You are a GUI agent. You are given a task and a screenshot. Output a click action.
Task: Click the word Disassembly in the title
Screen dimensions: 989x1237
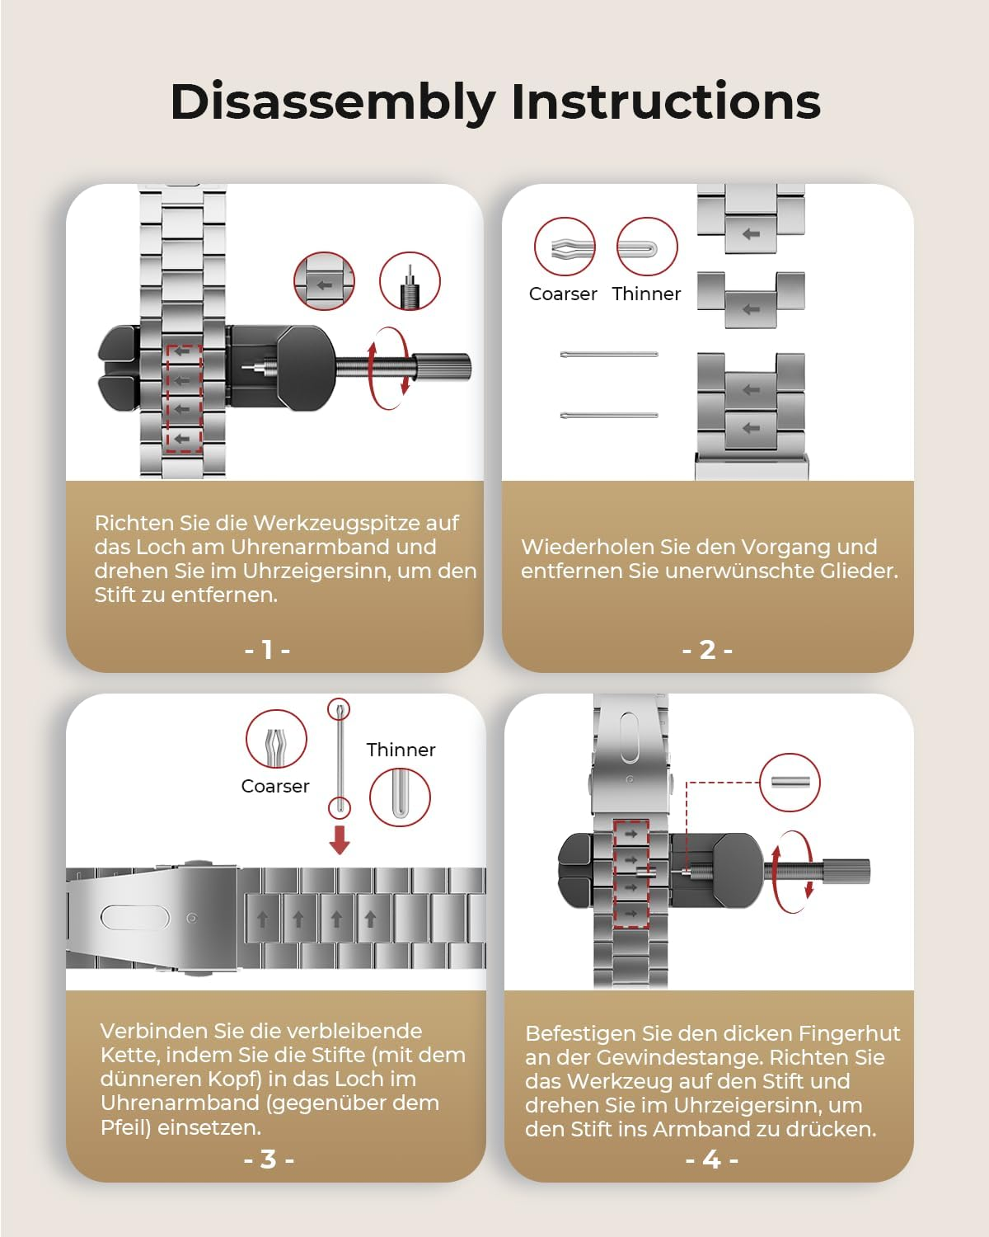pos(333,103)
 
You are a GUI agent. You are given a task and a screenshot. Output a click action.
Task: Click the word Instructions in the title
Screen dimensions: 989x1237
pos(666,101)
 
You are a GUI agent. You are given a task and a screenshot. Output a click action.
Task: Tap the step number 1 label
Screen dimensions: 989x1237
pos(267,650)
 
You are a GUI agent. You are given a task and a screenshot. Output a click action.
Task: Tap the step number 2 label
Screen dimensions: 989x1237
pos(707,650)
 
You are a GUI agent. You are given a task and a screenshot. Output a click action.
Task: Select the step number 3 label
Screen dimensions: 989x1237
pos(269,1159)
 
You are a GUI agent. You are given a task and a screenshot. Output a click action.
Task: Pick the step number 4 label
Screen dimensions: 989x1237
pos(712,1159)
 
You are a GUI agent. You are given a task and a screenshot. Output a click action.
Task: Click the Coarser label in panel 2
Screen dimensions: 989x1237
pos(563,294)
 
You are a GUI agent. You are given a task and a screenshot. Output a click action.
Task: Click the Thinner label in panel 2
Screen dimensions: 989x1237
pos(646,294)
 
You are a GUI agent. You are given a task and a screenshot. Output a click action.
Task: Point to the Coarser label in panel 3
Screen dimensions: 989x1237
pos(275,786)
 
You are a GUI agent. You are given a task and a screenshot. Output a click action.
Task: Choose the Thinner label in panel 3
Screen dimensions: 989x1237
pos(401,750)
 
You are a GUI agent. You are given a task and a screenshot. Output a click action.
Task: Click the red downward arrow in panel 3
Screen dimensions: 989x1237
pos(340,840)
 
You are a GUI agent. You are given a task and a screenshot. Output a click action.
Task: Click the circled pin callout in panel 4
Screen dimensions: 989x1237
pos(790,783)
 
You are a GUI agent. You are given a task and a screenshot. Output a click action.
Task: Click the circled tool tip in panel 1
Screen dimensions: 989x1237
pos(410,282)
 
